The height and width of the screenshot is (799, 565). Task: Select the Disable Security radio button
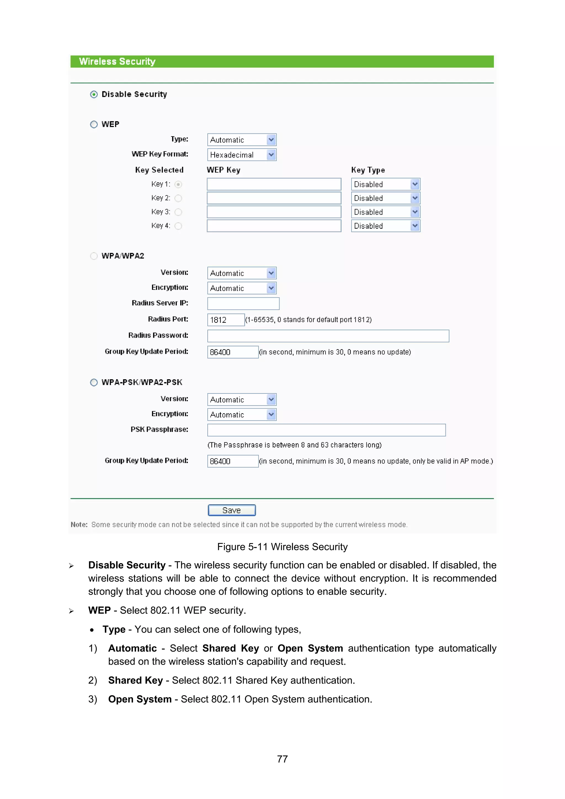point(94,94)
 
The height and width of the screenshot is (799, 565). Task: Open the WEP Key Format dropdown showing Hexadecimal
point(242,154)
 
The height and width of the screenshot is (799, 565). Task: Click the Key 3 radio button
point(178,212)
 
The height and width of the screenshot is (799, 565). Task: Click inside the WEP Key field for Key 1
point(274,184)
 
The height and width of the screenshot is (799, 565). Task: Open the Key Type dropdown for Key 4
point(385,226)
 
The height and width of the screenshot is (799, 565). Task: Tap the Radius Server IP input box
point(243,303)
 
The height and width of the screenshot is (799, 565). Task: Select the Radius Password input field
point(328,336)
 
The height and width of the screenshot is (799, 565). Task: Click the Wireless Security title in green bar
point(117,62)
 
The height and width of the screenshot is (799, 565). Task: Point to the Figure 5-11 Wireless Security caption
point(282,547)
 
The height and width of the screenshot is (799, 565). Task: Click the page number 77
point(282,759)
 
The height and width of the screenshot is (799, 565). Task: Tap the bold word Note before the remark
point(79,524)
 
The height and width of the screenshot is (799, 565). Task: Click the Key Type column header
point(368,170)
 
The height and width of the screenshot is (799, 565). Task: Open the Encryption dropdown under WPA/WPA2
point(242,288)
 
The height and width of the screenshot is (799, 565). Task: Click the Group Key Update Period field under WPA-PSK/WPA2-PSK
point(233,461)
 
